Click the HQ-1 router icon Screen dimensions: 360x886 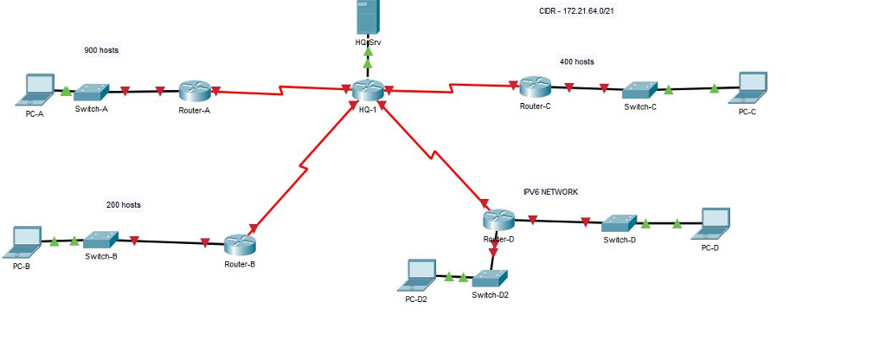pos(368,89)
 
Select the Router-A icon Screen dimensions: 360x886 pos(196,91)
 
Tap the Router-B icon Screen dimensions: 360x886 pos(240,245)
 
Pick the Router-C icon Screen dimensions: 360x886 pos(536,87)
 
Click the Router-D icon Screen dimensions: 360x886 pos(499,220)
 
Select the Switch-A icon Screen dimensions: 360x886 pos(91,92)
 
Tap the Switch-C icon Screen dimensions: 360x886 pos(639,89)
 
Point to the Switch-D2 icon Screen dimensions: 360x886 pos(490,279)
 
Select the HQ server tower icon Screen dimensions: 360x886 pos(368,18)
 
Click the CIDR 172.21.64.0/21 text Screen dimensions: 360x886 pos(575,11)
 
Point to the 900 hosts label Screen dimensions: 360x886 pos(101,50)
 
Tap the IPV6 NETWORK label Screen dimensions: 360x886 pos(550,191)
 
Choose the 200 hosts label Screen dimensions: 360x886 pos(124,205)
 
